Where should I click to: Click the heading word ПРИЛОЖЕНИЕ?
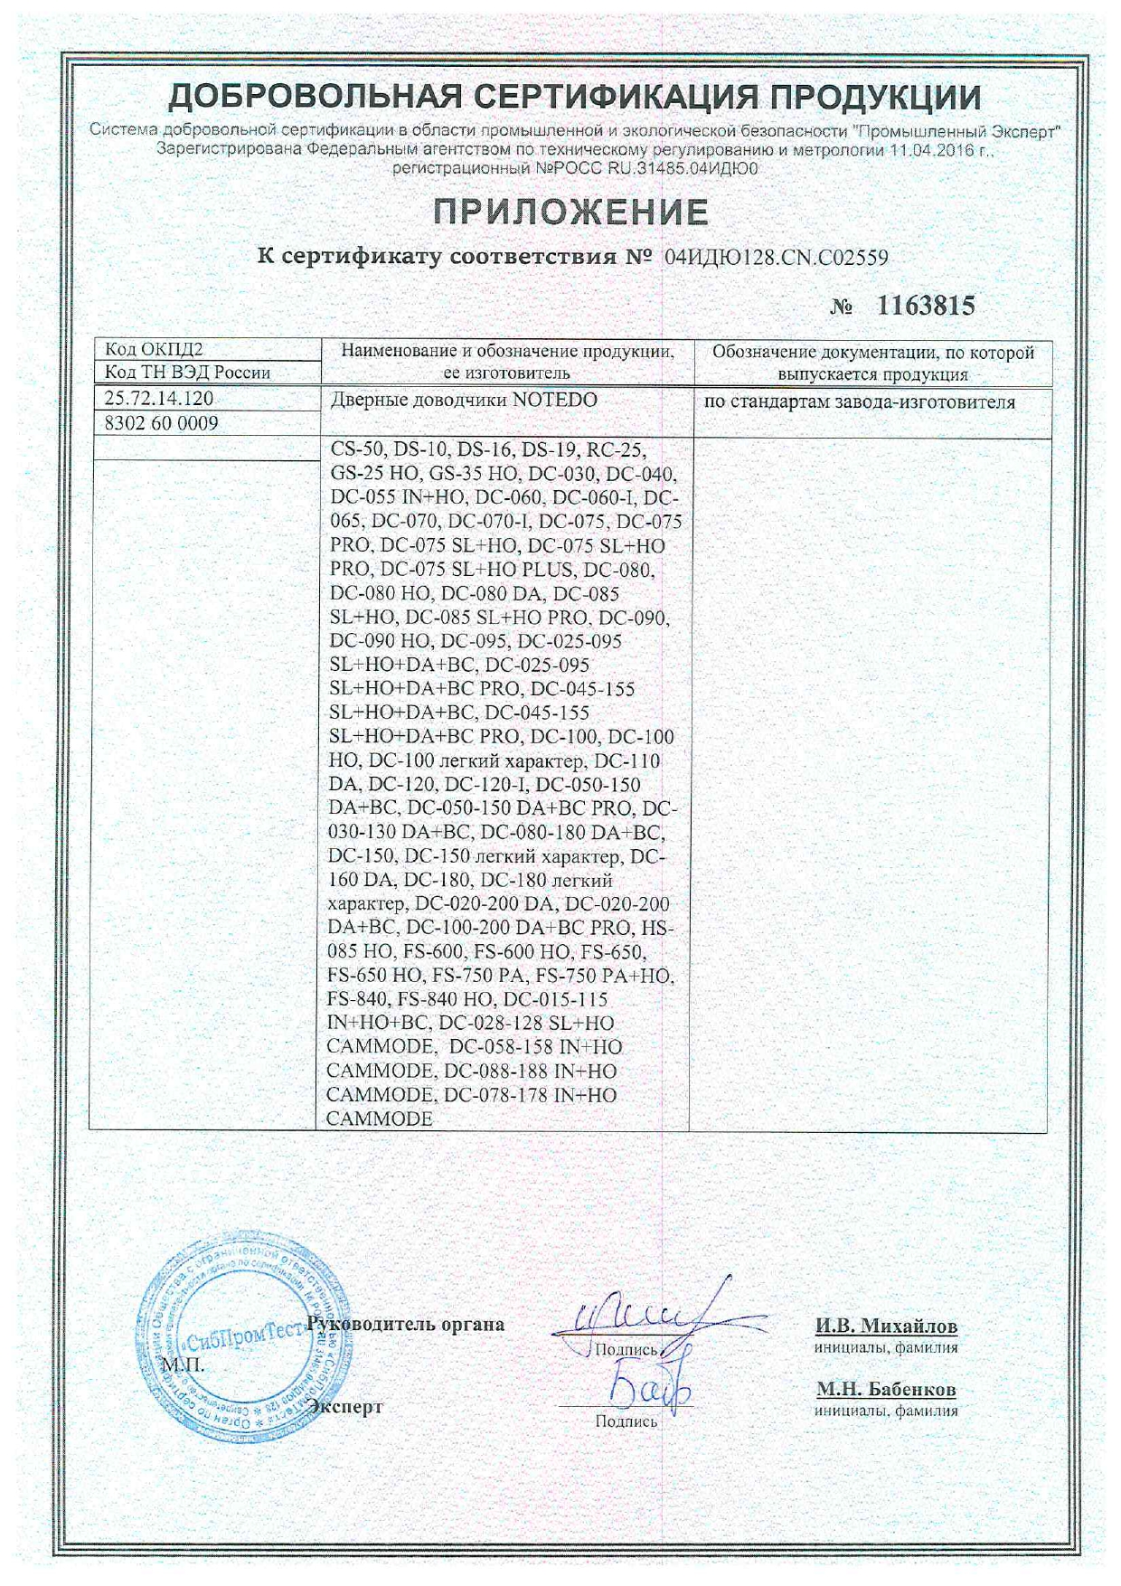coord(570,212)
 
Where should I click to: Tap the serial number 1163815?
coord(927,307)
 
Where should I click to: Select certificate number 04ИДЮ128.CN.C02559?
coord(776,258)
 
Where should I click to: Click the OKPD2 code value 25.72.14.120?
coord(159,399)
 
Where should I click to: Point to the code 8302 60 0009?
coord(162,423)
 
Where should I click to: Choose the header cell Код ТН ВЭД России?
coord(187,373)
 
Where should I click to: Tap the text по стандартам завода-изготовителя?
coord(859,402)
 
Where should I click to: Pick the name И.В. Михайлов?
coord(886,1326)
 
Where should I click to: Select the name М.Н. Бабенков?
coord(886,1389)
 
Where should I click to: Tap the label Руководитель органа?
coord(407,1325)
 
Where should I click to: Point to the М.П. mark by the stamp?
coord(184,1364)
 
